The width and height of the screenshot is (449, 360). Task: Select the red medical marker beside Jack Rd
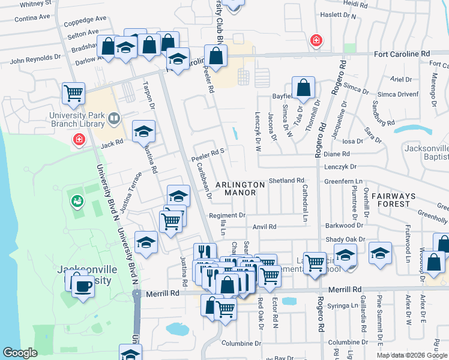[x=79, y=140]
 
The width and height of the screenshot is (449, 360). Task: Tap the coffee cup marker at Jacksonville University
[x=83, y=285]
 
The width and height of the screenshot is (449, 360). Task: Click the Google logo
[x=20, y=353]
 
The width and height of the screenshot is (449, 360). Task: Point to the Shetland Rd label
[x=286, y=180]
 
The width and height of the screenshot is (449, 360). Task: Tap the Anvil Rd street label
[x=264, y=227]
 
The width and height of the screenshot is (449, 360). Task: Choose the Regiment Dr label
[x=227, y=215]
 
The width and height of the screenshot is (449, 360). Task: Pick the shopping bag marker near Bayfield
[x=304, y=88]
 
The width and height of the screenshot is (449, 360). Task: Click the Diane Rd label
[x=332, y=154]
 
